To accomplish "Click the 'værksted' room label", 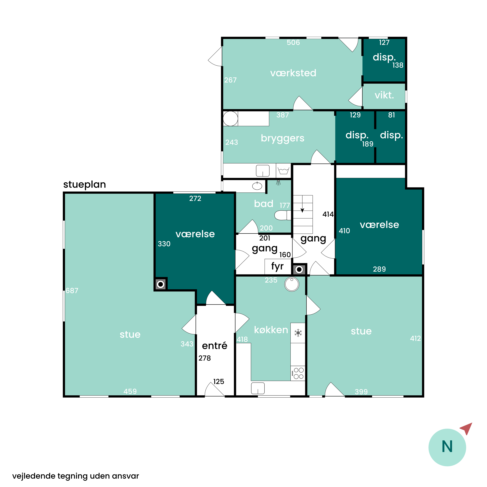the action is pyautogui.click(x=293, y=73).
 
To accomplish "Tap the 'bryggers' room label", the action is pyautogui.click(x=283, y=138).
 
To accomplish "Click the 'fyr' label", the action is pyautogui.click(x=277, y=266).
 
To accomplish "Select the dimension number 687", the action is pyautogui.click(x=72, y=291).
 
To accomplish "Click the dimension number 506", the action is pyautogui.click(x=293, y=42).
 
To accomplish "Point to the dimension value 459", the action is pyautogui.click(x=130, y=391).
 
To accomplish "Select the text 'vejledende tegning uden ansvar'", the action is pyautogui.click(x=76, y=476).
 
